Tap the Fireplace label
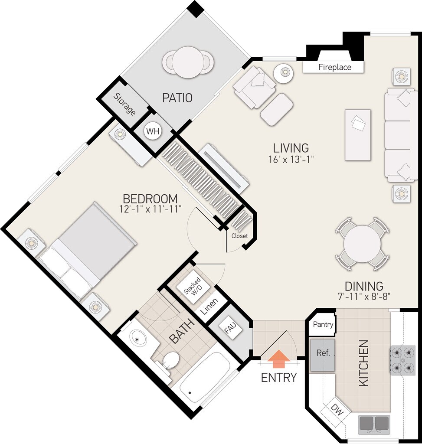point(334,67)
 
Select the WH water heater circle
point(153,131)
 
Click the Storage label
point(124,104)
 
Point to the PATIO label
point(177,98)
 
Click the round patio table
point(188,62)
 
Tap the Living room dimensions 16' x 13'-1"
point(291,159)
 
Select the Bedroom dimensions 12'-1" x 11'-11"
point(150,209)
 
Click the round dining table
point(362,244)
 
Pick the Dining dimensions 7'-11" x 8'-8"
point(364,297)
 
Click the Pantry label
point(323,324)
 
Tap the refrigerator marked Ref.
point(322,355)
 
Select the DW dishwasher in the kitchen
point(337,409)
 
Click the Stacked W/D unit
point(193,288)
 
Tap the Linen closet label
point(209,307)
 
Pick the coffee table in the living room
point(358,135)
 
